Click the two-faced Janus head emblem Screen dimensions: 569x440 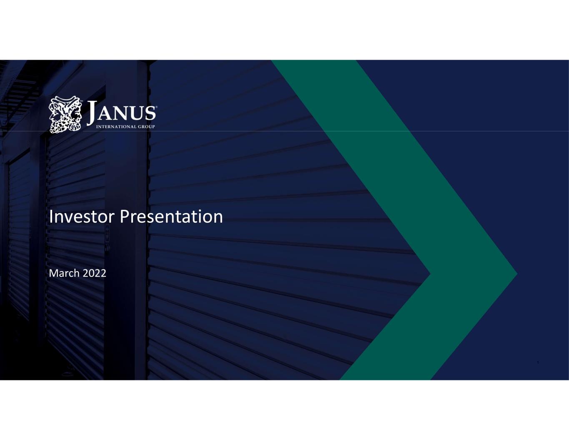[x=65, y=114]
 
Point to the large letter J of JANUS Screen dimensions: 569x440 [x=92, y=113]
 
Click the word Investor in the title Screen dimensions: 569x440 [x=82, y=217]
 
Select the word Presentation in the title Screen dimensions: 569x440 [x=171, y=217]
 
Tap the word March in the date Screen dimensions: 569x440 [x=64, y=274]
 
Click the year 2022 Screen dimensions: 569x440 [x=94, y=274]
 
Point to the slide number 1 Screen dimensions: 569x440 [x=538, y=363]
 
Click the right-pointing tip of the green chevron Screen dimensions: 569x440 [x=517, y=274]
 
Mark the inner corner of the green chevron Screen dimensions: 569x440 [x=430, y=274]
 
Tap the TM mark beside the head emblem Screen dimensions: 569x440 [x=81, y=101]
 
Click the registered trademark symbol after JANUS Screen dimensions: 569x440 [x=156, y=107]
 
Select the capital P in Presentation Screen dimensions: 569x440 [x=124, y=217]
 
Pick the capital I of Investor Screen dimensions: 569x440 [x=50, y=217]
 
